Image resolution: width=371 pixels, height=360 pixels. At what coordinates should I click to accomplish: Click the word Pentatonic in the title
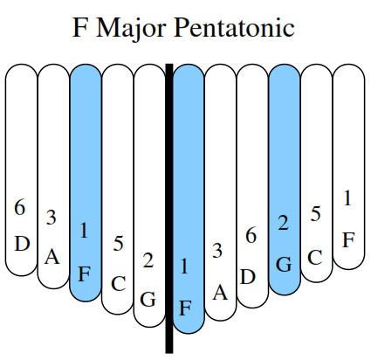tap(234, 28)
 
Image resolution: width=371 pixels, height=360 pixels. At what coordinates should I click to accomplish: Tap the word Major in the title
tap(131, 28)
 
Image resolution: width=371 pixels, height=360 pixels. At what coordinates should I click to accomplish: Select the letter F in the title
tap(79, 27)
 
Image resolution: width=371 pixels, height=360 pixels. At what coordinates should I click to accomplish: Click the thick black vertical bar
tap(169, 208)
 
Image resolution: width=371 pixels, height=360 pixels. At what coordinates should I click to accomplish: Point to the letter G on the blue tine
tap(284, 265)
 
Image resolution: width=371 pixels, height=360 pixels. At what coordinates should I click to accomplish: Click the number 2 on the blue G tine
tap(283, 224)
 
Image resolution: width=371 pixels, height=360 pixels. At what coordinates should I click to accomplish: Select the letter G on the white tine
tap(148, 300)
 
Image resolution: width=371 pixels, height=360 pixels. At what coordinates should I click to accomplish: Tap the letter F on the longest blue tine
tap(185, 308)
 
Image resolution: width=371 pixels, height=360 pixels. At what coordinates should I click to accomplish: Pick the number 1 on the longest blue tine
tap(184, 267)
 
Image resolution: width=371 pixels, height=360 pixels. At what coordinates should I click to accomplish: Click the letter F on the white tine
tap(348, 240)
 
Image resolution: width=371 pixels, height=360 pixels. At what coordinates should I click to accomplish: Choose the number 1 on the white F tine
tap(347, 198)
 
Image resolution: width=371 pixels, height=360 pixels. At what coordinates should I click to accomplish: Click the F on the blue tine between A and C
tap(84, 274)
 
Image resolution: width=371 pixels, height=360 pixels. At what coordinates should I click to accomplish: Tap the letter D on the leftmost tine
tap(23, 244)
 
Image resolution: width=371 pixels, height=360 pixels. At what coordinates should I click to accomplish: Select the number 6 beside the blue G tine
tap(251, 236)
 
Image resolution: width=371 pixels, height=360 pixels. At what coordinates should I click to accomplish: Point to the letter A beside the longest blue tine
tap(220, 293)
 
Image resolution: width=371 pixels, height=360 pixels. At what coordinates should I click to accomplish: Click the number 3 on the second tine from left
tap(52, 218)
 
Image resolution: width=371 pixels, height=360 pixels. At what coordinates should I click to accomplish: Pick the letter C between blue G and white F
tap(315, 258)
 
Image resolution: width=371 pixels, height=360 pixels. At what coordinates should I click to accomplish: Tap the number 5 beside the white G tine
tap(118, 244)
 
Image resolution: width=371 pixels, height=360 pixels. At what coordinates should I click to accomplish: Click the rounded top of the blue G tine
tap(285, 68)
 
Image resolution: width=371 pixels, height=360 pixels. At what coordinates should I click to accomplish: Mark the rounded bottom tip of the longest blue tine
tap(189, 332)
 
